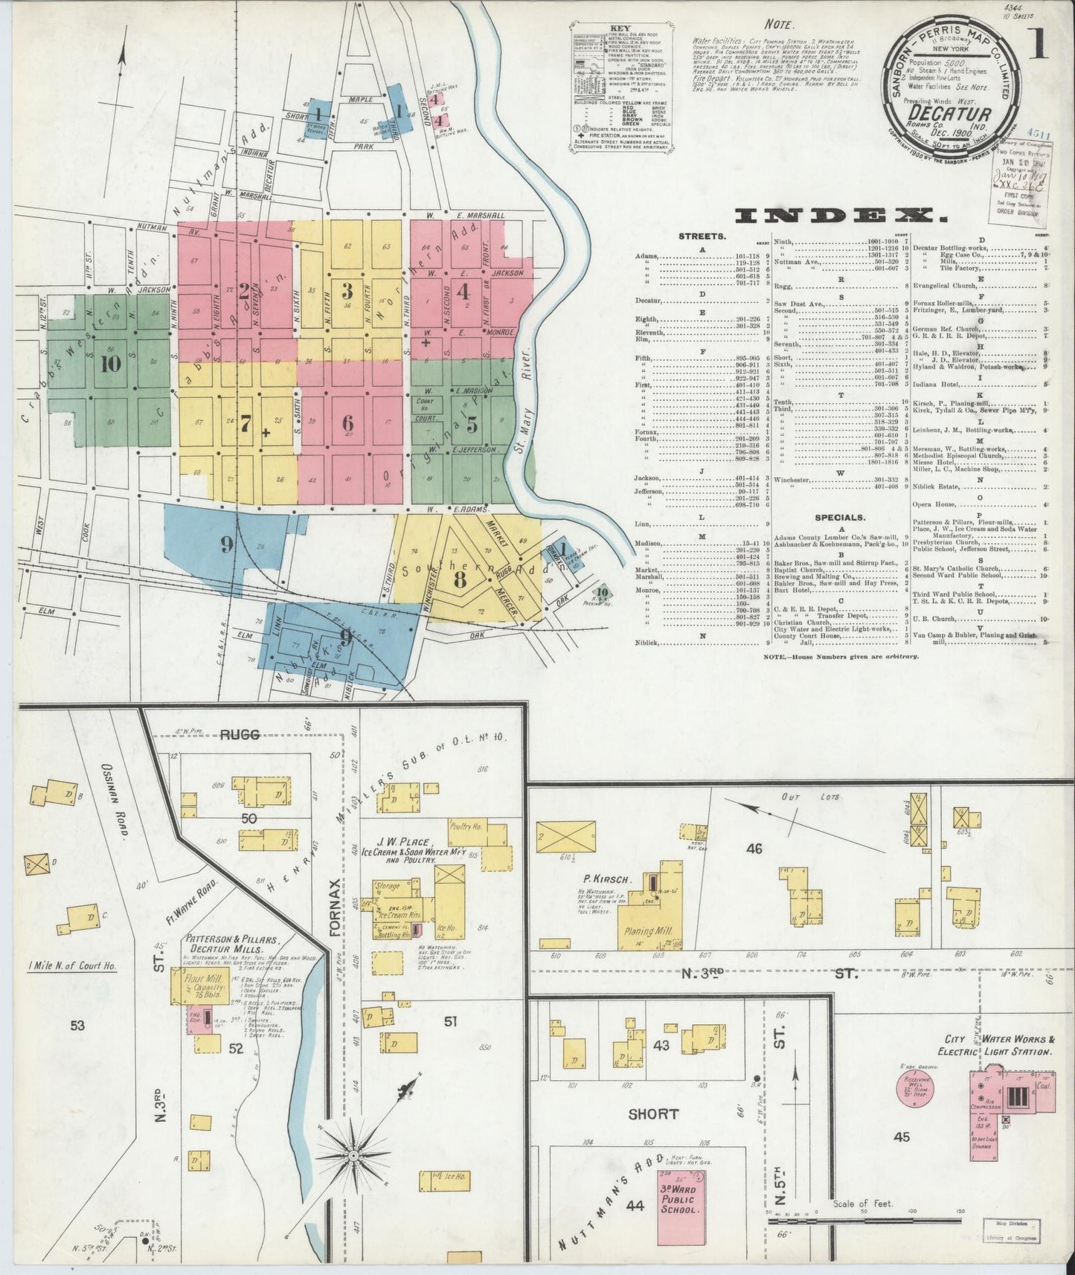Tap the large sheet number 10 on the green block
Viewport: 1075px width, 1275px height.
(x=112, y=364)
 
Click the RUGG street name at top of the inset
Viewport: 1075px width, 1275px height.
(x=239, y=735)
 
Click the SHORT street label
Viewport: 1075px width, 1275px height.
(x=652, y=1114)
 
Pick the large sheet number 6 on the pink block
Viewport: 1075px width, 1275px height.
(x=347, y=422)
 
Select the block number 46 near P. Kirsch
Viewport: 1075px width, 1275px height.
(x=754, y=848)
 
